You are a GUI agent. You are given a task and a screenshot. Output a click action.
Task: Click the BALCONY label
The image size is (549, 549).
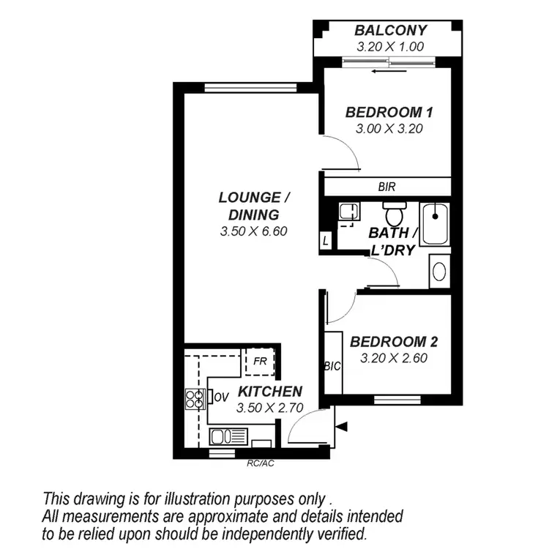coord(391,31)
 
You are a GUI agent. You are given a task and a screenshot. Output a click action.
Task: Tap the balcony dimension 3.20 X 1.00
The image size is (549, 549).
coord(391,46)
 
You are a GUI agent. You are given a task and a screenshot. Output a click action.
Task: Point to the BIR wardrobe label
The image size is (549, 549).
coord(386,187)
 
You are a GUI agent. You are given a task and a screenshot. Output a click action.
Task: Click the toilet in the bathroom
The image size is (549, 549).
coord(395,214)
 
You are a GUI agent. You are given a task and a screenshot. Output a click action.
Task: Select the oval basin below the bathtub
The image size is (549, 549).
coord(439,271)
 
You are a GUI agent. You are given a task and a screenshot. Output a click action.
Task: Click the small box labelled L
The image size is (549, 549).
coord(325,239)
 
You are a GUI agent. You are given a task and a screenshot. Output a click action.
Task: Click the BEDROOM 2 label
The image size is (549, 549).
coord(394,342)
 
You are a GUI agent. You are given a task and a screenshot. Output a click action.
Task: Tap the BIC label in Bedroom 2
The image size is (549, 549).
coord(331,366)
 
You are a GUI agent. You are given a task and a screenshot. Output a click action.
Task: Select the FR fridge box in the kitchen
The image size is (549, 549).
coord(259,361)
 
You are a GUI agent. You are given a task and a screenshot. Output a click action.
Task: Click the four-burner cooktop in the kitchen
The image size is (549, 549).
coord(195,398)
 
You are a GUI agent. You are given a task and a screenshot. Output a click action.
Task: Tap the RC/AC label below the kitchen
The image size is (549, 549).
coord(260,463)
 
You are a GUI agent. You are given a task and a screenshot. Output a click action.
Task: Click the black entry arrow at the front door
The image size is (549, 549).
coord(341,426)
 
